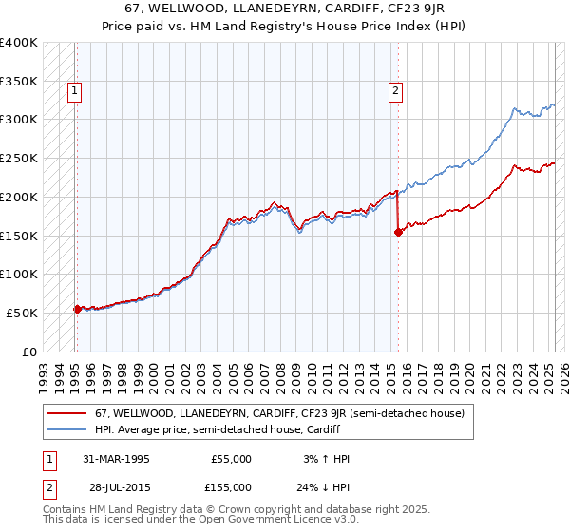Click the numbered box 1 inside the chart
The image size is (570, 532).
tap(74, 91)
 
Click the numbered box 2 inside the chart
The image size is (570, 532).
tap(394, 91)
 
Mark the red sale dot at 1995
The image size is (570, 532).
tap(77, 308)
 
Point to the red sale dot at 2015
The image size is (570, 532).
tap(398, 232)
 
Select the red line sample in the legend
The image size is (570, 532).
tap(66, 413)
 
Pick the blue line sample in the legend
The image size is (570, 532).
tap(66, 429)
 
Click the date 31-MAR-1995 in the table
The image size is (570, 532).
tap(116, 459)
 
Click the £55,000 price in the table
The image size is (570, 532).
tap(231, 459)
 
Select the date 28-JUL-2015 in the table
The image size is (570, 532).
tap(116, 487)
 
